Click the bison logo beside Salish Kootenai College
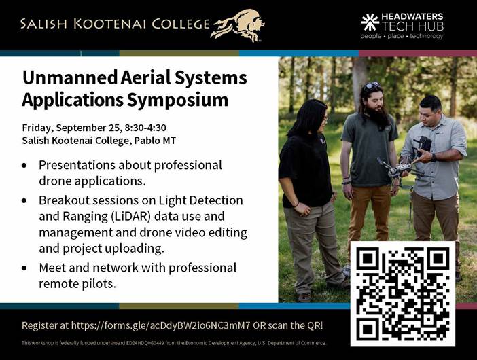238,25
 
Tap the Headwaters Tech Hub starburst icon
370,22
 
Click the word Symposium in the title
177,100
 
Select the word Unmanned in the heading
70,77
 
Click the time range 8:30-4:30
145,128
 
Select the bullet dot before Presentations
24,166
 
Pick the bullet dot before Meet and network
24,268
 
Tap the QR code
403,293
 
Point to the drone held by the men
398,171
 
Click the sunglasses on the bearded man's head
372,86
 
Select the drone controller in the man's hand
422,145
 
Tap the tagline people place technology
402,36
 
